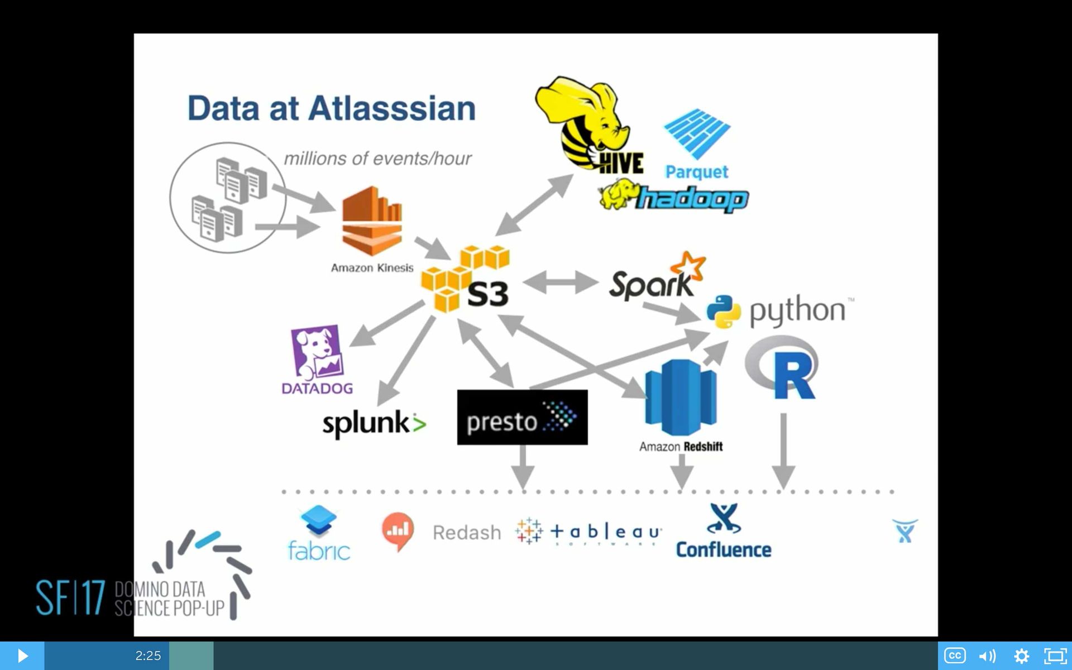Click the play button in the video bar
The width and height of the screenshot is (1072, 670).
(22, 655)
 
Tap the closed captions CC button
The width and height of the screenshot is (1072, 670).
(955, 655)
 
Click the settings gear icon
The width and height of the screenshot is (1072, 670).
(1021, 655)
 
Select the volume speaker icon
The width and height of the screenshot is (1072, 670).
(987, 655)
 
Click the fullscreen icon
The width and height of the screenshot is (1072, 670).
(1055, 655)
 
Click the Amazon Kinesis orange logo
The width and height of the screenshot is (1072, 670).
(372, 221)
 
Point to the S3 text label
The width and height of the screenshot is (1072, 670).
(487, 294)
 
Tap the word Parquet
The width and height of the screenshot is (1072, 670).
(696, 171)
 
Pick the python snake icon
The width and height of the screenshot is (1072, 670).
(724, 312)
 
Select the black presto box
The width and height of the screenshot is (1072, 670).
(522, 417)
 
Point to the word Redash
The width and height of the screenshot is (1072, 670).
(467, 533)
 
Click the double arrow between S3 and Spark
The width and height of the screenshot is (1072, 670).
(560, 282)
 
